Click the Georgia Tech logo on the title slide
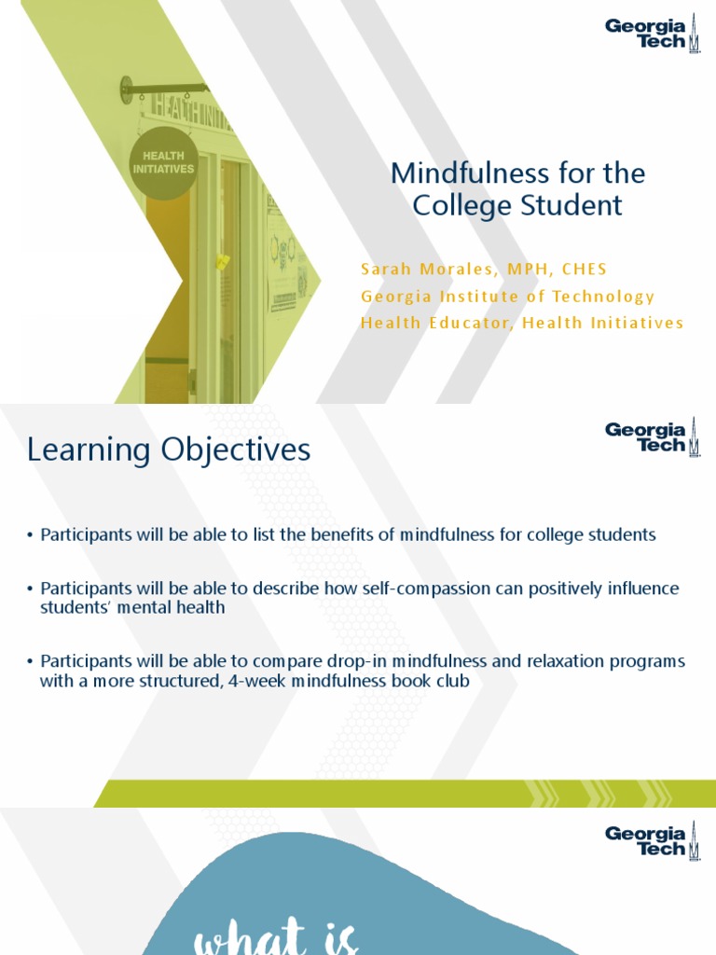652,35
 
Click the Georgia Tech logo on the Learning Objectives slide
652,438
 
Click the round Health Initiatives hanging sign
163,163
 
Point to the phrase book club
435,681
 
